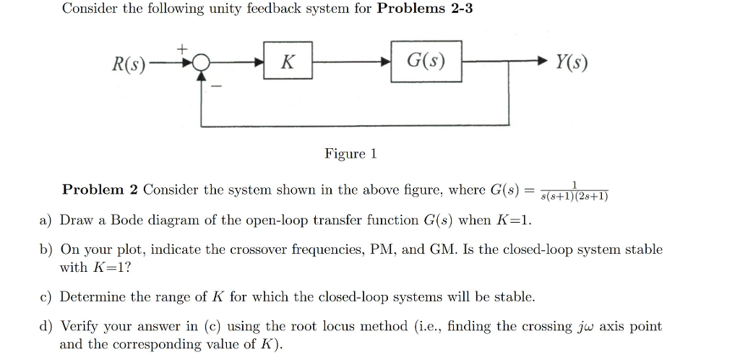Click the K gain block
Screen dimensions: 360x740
pos(287,63)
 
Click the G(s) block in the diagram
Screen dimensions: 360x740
pos(426,63)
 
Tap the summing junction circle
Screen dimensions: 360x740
pos(202,64)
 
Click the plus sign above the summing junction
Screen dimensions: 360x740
pos(183,48)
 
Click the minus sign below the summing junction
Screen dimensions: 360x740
pos(215,87)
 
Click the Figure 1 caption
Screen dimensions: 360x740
pos(350,154)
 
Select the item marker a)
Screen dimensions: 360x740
pos(45,220)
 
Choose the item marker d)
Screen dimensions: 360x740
pos(45,327)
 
